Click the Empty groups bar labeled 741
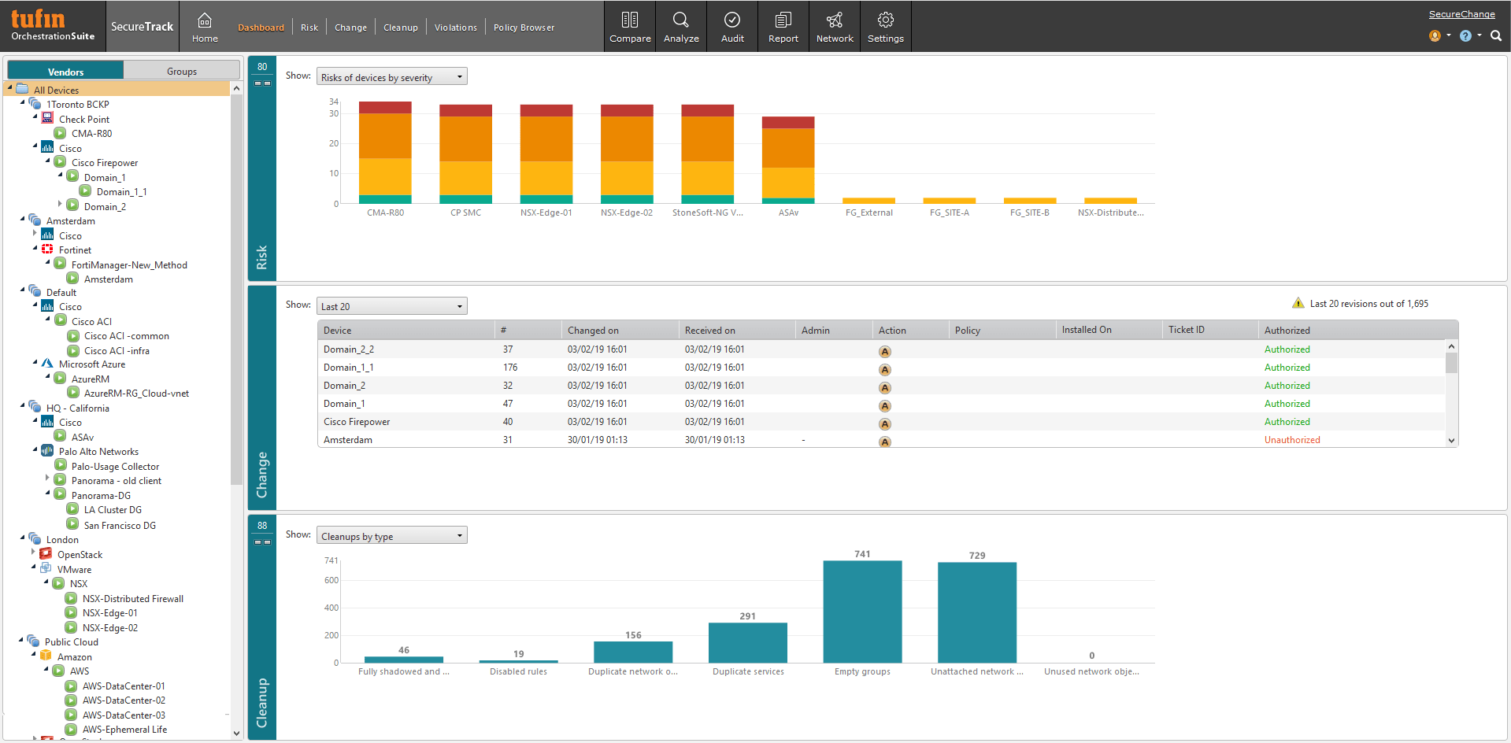click(x=862, y=612)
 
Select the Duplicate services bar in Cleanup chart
click(x=747, y=642)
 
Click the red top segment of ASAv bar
click(x=787, y=122)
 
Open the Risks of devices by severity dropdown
click(x=391, y=77)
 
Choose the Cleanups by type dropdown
click(x=391, y=536)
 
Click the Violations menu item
click(x=455, y=28)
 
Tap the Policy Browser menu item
click(x=524, y=28)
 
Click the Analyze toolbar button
click(x=681, y=27)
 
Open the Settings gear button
click(x=885, y=27)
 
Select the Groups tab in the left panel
click(x=182, y=71)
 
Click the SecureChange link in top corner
click(x=1461, y=14)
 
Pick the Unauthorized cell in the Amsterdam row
click(x=1291, y=440)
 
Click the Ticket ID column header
click(x=1186, y=330)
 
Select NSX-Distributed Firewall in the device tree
click(x=132, y=599)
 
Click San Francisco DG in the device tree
click(x=120, y=526)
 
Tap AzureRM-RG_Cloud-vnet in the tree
click(x=136, y=394)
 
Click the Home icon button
click(x=205, y=27)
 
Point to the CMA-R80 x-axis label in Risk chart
click(x=385, y=213)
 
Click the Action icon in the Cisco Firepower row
click(x=884, y=423)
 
